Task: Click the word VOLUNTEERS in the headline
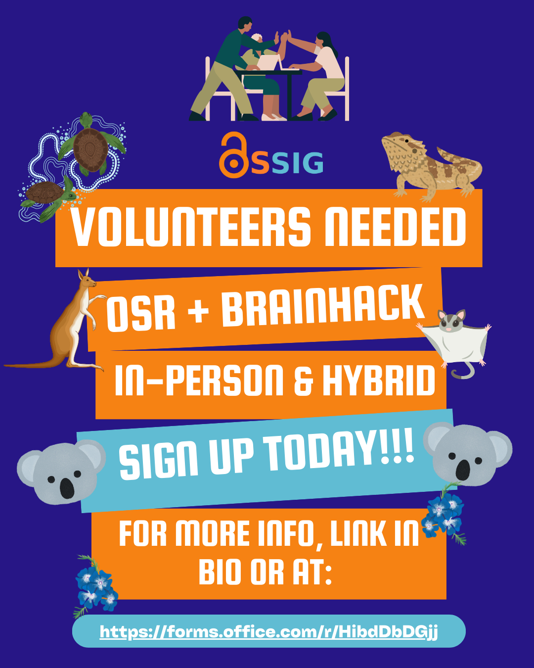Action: point(190,227)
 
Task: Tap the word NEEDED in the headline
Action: point(395,227)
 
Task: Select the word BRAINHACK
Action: point(323,305)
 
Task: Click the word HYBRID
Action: point(379,380)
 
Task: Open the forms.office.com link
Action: point(268,632)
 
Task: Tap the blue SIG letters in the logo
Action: point(297,162)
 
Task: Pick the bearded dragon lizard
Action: point(431,166)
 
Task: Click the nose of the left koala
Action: point(67,488)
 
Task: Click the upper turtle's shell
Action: point(91,150)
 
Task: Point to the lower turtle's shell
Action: point(44,192)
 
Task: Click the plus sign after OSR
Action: point(199,311)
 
